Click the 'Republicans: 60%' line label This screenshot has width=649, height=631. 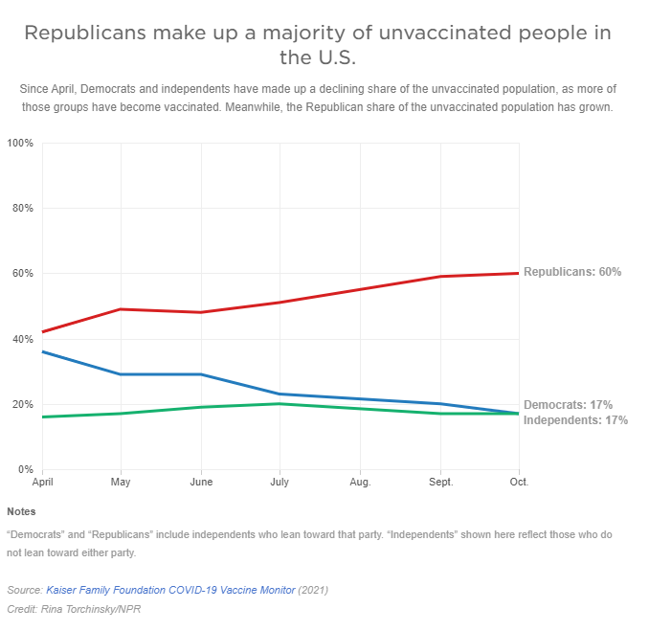[x=572, y=272]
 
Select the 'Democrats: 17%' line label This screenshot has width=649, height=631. [x=568, y=405]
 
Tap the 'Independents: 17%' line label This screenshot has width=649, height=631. [x=575, y=420]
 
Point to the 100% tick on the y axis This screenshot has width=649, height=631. [x=20, y=144]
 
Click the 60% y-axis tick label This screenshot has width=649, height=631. [x=22, y=274]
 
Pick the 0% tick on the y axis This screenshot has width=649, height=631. [x=26, y=469]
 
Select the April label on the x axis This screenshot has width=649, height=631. [x=43, y=482]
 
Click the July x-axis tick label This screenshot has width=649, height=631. [x=280, y=482]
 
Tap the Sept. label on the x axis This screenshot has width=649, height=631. [x=440, y=482]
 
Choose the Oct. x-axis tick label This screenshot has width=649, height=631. [x=519, y=482]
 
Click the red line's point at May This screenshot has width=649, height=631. [x=121, y=309]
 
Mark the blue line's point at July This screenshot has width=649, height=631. [x=280, y=394]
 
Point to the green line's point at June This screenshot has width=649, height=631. [x=200, y=407]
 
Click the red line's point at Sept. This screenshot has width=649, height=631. [x=439, y=277]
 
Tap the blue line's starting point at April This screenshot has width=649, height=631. [x=43, y=351]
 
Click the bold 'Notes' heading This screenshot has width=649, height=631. [x=21, y=511]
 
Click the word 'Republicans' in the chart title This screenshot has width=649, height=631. [x=84, y=34]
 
